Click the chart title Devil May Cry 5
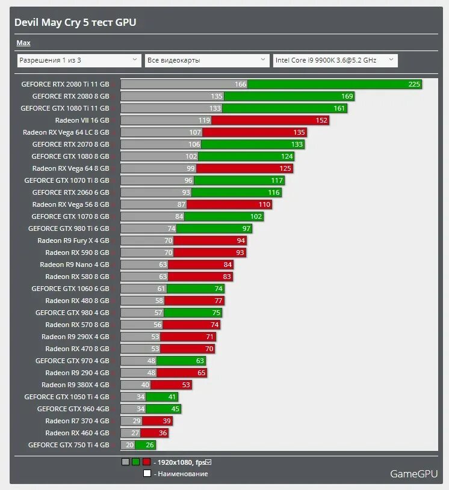pos(75,23)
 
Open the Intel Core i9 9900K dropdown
pos(335,60)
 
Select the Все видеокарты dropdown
pos(206,60)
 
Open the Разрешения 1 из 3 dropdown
pos(79,60)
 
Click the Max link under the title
pos(23,43)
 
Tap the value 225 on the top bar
pos(414,84)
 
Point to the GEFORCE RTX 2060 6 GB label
pos(70,192)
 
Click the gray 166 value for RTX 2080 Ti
pos(241,84)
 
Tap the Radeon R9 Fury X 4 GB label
pos(73,240)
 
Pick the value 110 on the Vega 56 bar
pos(264,204)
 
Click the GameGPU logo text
pos(414,474)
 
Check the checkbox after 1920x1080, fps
pos(208,462)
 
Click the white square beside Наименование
pos(147,474)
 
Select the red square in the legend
pos(146,462)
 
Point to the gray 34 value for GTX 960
pos(140,409)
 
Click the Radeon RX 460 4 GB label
pos(77,433)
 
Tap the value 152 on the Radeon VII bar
pos(321,120)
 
